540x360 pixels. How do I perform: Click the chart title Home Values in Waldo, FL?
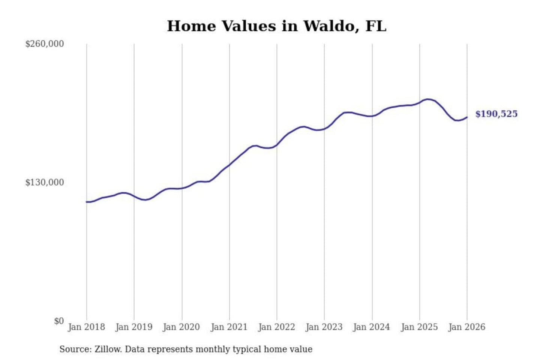click(x=276, y=26)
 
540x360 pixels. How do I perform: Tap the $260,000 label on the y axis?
click(x=45, y=44)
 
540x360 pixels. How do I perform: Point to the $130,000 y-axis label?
click(x=45, y=182)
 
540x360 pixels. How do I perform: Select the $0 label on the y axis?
click(x=59, y=321)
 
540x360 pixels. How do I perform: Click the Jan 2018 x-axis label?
click(x=87, y=327)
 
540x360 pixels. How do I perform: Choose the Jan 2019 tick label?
click(x=134, y=327)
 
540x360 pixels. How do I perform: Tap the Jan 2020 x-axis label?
click(x=181, y=327)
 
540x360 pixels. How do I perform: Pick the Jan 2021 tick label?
click(x=229, y=327)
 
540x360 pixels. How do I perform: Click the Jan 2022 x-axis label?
click(x=277, y=327)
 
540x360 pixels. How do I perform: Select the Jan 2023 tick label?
click(x=324, y=327)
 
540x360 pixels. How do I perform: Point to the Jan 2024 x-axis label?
click(x=372, y=327)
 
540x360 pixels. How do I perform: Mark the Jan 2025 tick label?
click(x=419, y=327)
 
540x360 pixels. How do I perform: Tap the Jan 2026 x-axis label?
click(x=467, y=327)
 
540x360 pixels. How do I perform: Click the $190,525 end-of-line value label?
click(x=496, y=114)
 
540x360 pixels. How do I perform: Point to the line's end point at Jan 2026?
click(x=467, y=117)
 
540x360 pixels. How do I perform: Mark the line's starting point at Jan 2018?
click(x=87, y=202)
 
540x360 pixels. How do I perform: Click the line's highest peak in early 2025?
click(x=427, y=99)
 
